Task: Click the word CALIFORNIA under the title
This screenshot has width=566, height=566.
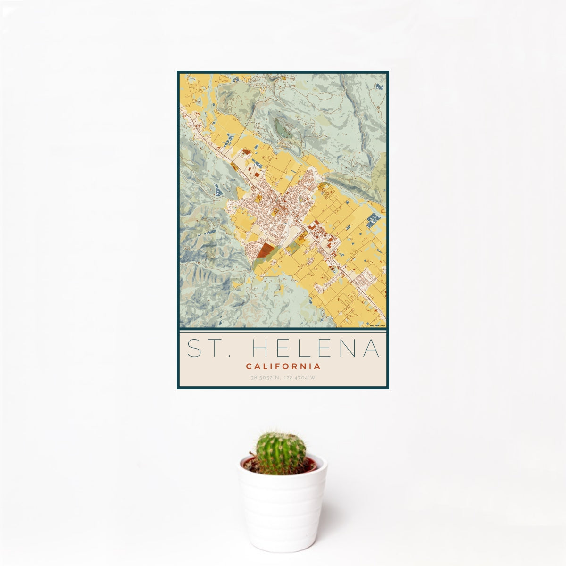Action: click(283, 366)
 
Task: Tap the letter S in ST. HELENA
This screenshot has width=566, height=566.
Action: click(194, 348)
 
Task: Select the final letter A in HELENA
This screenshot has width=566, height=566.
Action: click(371, 348)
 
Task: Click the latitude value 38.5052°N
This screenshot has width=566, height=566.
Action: click(266, 378)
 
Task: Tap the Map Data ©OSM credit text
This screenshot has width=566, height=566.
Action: click(378, 325)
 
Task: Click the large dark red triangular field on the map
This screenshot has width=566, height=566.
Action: click(266, 250)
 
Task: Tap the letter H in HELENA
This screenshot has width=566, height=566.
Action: click(260, 348)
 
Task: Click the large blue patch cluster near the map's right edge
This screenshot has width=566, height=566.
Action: click(373, 218)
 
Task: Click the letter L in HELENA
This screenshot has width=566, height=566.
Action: click(305, 348)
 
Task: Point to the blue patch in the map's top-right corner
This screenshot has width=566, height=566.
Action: click(380, 86)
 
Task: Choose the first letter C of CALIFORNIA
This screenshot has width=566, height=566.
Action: click(248, 366)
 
